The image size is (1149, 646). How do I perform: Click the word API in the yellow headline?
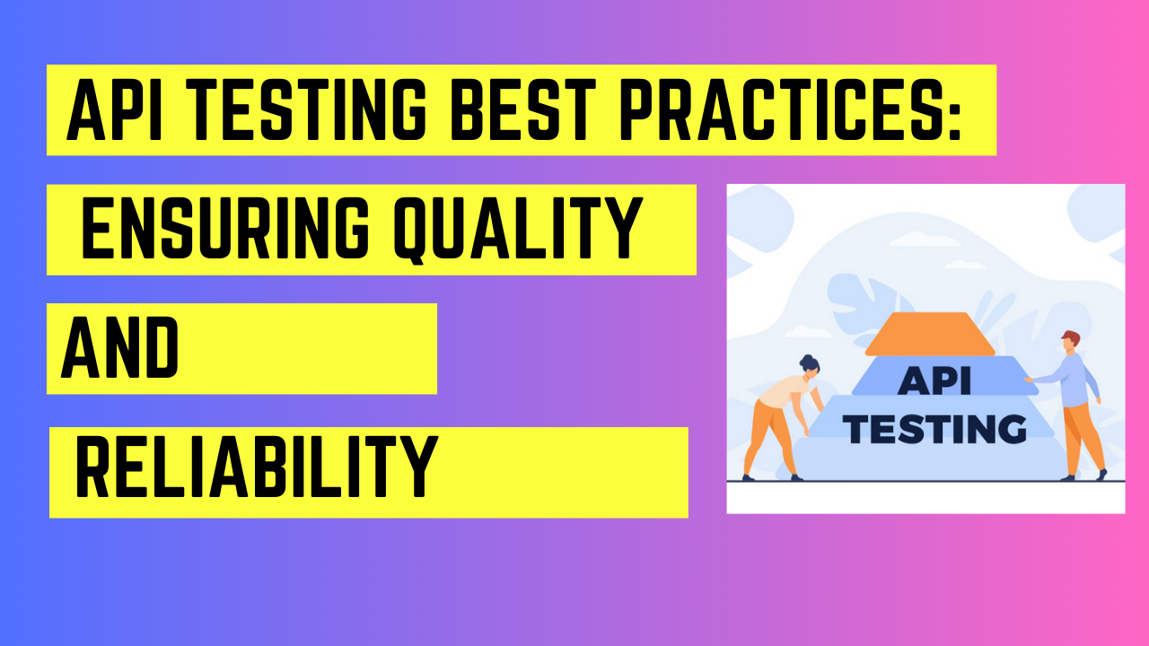coord(114,110)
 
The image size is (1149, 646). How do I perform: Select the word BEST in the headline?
coord(522,110)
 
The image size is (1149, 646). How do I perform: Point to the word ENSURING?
coord(224,228)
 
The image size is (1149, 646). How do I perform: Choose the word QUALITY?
coord(518,229)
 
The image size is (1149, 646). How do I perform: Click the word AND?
coord(119,347)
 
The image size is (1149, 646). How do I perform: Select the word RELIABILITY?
coord(257,467)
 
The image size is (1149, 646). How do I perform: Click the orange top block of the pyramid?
coord(930,335)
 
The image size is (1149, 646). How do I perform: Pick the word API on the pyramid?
coord(934,381)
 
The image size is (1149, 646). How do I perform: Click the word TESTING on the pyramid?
coord(934,429)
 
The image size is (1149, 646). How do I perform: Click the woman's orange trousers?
coord(768,437)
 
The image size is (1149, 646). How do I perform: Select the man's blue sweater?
coord(1071,380)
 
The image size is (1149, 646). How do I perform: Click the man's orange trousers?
coord(1082,439)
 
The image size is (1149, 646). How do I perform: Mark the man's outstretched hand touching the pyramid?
coord(1028,380)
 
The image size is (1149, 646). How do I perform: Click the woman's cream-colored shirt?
coord(783,390)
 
